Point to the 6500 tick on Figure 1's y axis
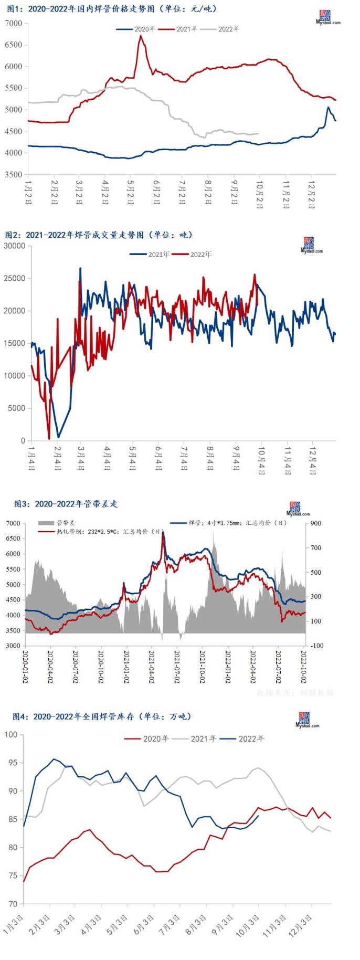(x=14, y=45)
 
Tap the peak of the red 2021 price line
(x=141, y=36)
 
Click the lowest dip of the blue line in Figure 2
(x=58, y=436)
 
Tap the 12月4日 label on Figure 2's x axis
(x=313, y=460)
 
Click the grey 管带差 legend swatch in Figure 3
(x=46, y=523)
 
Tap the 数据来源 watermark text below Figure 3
(x=295, y=692)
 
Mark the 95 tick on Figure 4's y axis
(x=11, y=763)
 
